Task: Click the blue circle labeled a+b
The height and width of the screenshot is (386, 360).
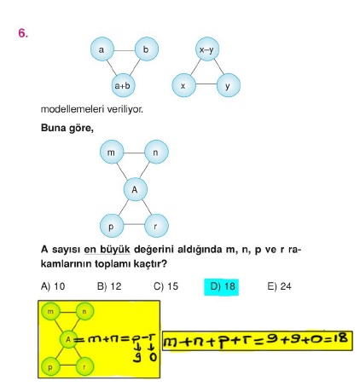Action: [x=123, y=85]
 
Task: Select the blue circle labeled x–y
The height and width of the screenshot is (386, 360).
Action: [x=207, y=49]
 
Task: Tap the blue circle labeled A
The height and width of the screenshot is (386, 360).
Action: [x=135, y=189]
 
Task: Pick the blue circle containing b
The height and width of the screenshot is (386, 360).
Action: [x=147, y=49]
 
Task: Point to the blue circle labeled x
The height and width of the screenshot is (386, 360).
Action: [x=183, y=85]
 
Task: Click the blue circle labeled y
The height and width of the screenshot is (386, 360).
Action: [x=229, y=85]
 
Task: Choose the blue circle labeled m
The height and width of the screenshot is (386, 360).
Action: [x=112, y=152]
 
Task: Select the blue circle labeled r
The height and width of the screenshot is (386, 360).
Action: [x=156, y=226]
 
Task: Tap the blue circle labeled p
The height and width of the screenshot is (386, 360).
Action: [x=112, y=226]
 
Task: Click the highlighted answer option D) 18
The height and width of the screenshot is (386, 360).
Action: [x=221, y=286]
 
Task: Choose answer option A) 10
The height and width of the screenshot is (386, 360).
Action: [x=53, y=286]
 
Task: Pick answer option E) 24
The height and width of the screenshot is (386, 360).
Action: [x=279, y=286]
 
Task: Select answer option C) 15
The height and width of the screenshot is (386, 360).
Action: [x=165, y=286]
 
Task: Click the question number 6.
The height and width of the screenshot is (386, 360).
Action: [x=23, y=33]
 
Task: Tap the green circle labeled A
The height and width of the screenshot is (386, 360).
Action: [x=68, y=339]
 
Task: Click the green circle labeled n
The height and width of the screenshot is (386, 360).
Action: [x=84, y=312]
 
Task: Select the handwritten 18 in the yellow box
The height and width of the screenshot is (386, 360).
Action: [x=340, y=338]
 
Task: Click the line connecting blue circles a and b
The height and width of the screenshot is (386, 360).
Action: [x=125, y=51]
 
